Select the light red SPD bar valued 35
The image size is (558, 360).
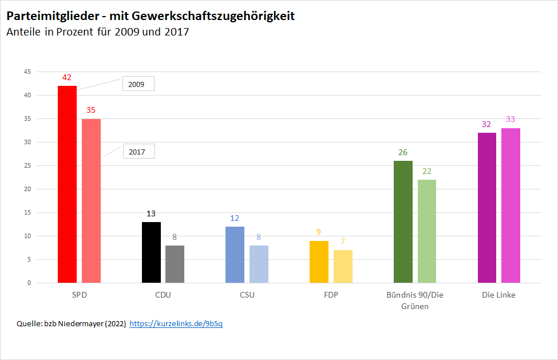coord(91,201)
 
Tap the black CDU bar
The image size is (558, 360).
coord(151,252)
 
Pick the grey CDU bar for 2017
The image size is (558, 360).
coord(175,264)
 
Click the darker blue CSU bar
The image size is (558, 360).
coord(235,255)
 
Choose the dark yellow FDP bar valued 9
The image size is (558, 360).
coord(319,262)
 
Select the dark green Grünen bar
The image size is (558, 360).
coord(403,221)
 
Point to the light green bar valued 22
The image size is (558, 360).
coord(427,231)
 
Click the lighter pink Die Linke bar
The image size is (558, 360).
coord(510,205)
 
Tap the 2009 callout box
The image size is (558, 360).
coord(138,84)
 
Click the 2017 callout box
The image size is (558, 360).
coord(138,152)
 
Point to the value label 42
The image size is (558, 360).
coord(67,77)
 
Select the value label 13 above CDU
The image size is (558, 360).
coord(151,213)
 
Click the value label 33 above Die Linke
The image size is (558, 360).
coord(510,119)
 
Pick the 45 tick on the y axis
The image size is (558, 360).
coord(27,72)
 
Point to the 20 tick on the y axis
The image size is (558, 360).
coord(27,189)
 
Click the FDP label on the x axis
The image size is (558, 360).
coord(331,295)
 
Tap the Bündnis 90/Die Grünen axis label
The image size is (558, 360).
coord(415,300)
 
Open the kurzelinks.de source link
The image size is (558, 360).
coord(176,324)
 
